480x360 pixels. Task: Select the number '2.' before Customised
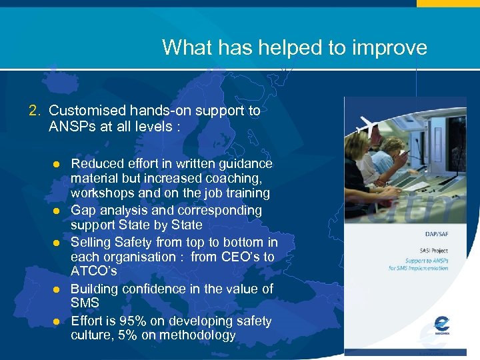point(35,111)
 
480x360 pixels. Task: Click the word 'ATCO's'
point(94,272)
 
